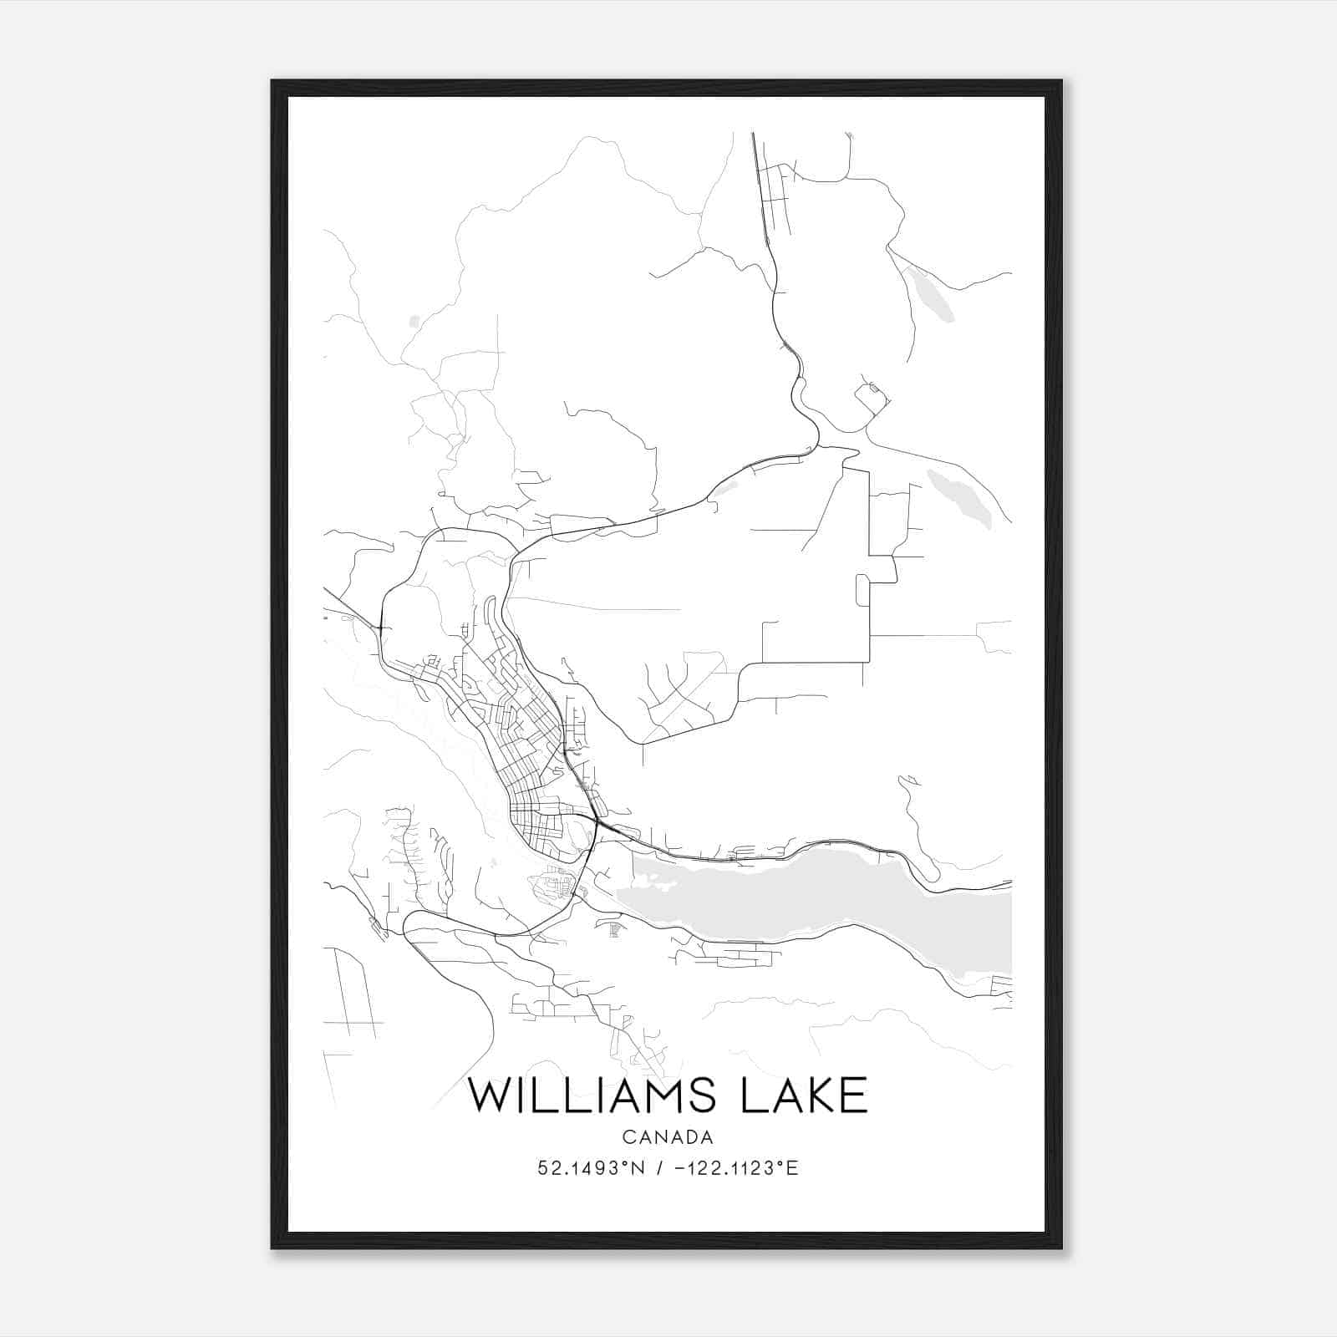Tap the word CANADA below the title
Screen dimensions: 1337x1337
coord(667,1137)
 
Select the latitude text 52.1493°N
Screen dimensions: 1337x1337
coord(592,1168)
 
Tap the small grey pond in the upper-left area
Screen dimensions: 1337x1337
coord(414,320)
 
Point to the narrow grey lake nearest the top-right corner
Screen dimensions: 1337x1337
coord(931,293)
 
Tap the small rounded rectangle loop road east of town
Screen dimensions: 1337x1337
coord(862,590)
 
